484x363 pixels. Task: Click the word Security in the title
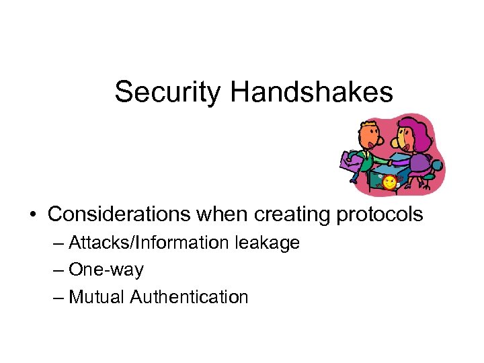(167, 92)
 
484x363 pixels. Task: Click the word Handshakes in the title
(311, 92)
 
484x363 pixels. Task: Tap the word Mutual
(97, 296)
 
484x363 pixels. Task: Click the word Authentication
(190, 296)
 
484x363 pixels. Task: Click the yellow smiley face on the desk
(389, 182)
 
